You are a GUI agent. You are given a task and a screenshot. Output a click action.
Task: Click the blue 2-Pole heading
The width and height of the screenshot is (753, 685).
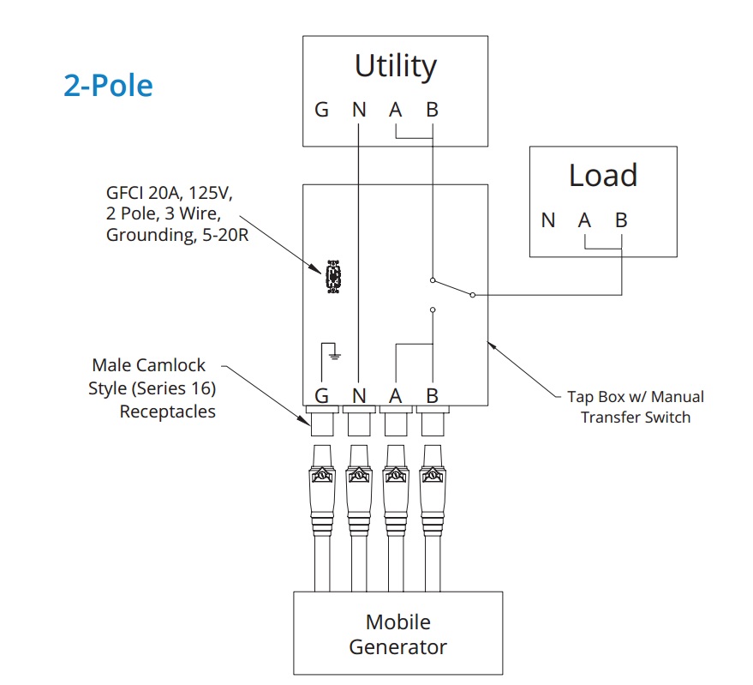108,86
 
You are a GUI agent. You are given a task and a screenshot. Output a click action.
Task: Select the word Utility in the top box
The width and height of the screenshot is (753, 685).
395,66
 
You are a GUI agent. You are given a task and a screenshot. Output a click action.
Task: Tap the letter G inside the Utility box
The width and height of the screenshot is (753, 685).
321,111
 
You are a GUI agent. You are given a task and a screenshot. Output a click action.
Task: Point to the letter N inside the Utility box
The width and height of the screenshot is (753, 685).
358,111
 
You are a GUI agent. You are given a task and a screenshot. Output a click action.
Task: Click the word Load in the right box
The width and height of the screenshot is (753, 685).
602,176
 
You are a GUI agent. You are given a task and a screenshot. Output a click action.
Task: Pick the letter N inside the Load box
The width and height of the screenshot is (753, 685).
548,220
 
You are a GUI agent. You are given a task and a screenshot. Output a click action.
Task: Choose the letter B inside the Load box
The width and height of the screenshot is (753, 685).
621,220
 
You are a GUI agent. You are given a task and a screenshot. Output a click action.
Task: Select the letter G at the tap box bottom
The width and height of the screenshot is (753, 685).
321,395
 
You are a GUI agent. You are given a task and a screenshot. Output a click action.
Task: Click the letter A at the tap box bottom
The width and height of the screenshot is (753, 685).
395,395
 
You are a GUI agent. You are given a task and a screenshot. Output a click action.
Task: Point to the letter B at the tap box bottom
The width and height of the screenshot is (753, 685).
432,395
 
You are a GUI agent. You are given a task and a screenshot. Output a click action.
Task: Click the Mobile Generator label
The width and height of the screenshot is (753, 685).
397,634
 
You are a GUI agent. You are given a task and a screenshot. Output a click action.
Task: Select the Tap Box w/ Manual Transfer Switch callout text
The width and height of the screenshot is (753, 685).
635,407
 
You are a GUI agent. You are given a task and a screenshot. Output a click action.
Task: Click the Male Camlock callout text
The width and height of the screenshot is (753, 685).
152,388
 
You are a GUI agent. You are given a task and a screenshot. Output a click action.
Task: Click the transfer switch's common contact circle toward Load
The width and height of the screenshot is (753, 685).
473,294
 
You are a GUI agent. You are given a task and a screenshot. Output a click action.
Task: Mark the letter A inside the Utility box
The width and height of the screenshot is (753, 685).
395,111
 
